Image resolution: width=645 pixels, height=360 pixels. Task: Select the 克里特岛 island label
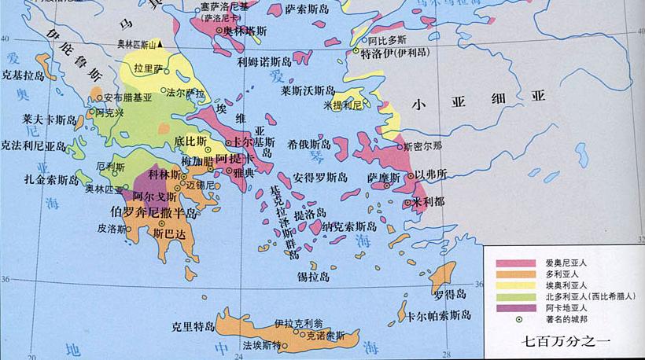click(x=193, y=325)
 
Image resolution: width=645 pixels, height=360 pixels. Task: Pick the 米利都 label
click(x=428, y=202)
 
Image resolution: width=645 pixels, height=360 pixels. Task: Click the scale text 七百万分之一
click(x=571, y=341)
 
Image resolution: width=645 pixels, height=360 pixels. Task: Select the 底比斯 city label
click(x=190, y=142)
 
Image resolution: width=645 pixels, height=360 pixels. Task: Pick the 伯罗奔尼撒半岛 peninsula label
click(x=154, y=212)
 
